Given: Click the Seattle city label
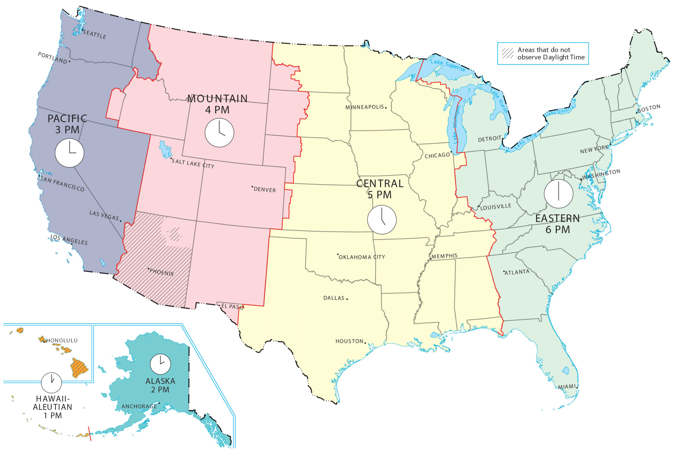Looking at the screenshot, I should tap(95, 34).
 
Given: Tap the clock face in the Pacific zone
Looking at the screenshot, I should tap(69, 153).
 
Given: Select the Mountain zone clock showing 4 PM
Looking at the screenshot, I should tap(219, 133).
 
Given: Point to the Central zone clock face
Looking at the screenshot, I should tap(382, 220).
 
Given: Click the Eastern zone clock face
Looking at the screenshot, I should tap(558, 194).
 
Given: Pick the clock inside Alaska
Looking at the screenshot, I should tap(160, 364).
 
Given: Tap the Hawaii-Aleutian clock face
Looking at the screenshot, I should tap(51, 383).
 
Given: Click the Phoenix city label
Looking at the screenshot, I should tap(161, 272).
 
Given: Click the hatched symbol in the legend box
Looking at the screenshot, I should tap(507, 53).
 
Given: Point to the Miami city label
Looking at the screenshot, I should tap(567, 387).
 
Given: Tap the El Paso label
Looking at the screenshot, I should tap(232, 307).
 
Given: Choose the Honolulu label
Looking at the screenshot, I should tap(62, 340).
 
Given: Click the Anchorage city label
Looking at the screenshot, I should tap(139, 406).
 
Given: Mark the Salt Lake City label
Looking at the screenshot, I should tap(193, 163).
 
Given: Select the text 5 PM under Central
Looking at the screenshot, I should tap(379, 195).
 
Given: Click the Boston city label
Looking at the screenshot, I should tap(649, 109).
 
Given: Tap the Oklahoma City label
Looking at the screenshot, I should tap(362, 257).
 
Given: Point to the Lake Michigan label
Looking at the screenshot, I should tap(456, 125).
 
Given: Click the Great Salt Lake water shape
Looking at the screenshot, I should tap(166, 150).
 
